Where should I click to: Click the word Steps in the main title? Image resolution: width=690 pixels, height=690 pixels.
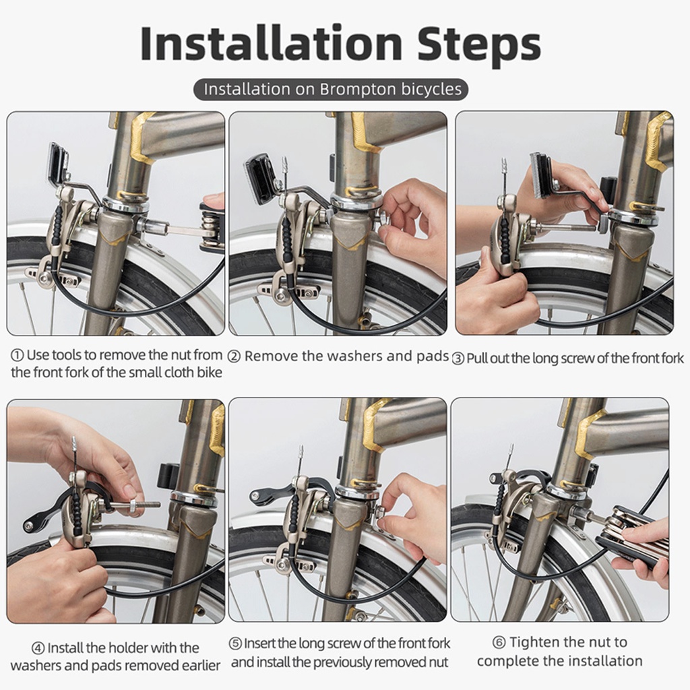click(479, 44)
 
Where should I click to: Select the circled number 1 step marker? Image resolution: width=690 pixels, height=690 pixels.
click(17, 355)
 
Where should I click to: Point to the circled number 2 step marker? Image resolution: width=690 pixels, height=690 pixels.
click(234, 356)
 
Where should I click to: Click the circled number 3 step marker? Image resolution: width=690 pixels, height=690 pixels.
click(458, 358)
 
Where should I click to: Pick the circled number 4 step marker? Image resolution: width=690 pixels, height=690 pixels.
click(38, 648)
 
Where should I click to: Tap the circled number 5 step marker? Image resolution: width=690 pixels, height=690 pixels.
click(235, 644)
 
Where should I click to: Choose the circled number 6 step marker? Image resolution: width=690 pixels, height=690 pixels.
click(499, 642)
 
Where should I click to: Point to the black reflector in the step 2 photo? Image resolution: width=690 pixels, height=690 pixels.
click(259, 179)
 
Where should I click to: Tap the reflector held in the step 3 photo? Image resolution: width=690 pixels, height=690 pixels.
click(541, 175)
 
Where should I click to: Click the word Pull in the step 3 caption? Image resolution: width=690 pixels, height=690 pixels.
click(476, 358)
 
